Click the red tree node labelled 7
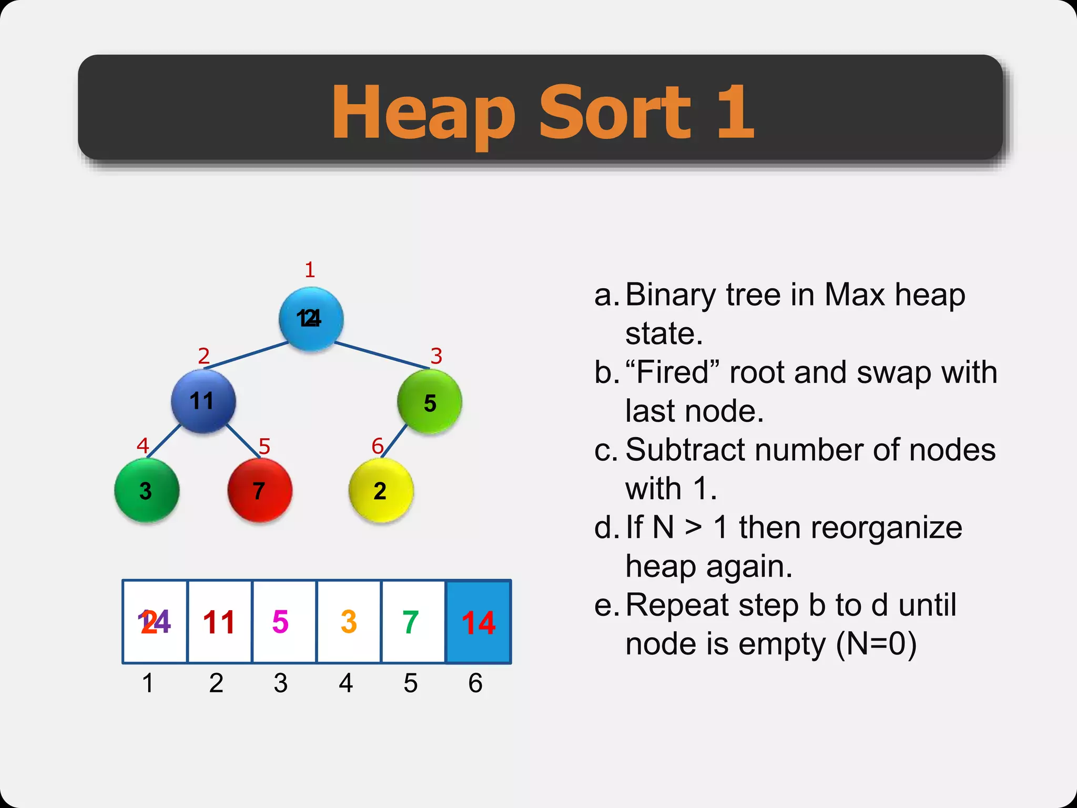[x=260, y=490]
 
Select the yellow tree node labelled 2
[x=381, y=490]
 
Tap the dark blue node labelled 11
[x=203, y=401]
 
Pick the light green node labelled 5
[x=430, y=402]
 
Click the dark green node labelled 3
[x=147, y=490]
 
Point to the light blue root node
[x=311, y=319]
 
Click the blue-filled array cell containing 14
[x=478, y=622]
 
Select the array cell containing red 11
[x=219, y=622]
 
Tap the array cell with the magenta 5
[x=284, y=622]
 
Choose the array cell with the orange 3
[x=349, y=622]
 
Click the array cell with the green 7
[x=413, y=622]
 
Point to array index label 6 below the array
[x=475, y=683]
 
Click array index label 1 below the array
[x=148, y=683]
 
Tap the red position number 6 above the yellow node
[x=377, y=446]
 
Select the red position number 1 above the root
[x=310, y=270]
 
